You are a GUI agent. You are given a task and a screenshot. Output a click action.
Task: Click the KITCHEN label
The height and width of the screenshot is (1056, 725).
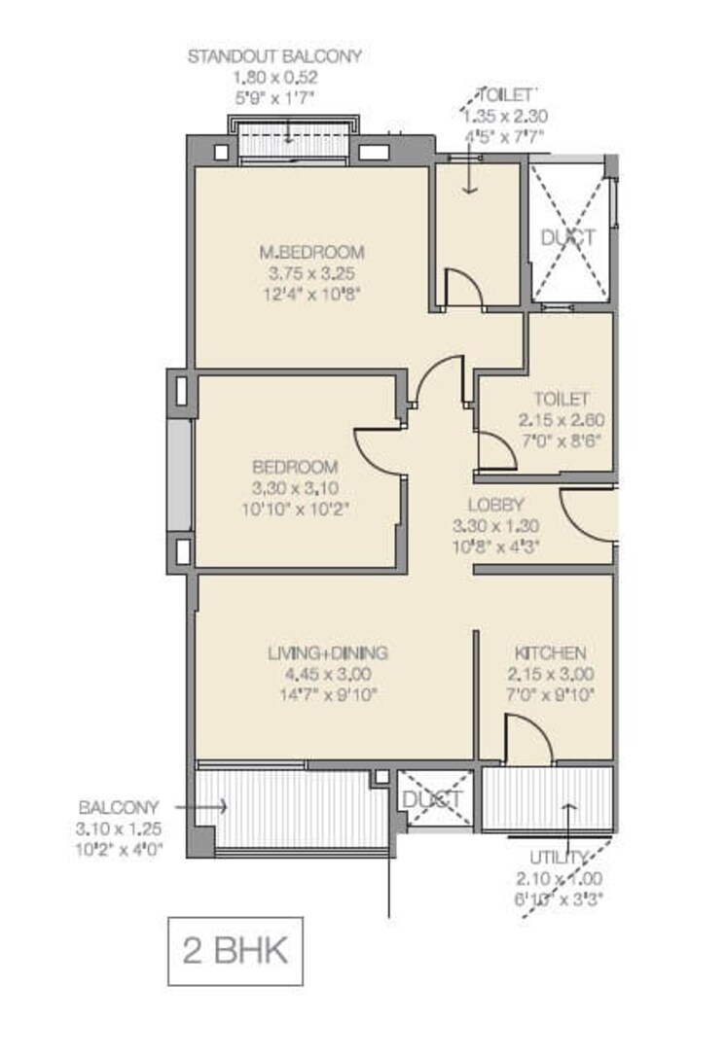point(550,652)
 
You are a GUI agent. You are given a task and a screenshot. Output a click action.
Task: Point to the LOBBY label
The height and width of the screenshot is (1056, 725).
point(495,505)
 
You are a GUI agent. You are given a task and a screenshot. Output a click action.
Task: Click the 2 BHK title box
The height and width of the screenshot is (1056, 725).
point(236,950)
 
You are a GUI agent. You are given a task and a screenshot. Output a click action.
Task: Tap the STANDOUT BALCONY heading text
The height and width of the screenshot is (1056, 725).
point(274,56)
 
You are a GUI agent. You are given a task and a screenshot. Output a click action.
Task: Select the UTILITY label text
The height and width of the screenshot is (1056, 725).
point(559,856)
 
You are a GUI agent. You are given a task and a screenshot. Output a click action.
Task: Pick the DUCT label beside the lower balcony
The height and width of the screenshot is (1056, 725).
point(433,799)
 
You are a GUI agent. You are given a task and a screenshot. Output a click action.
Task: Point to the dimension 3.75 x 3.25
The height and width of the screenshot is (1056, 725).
point(311,272)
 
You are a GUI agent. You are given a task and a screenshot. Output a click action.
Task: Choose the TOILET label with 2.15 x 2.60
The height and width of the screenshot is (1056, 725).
point(561,399)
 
